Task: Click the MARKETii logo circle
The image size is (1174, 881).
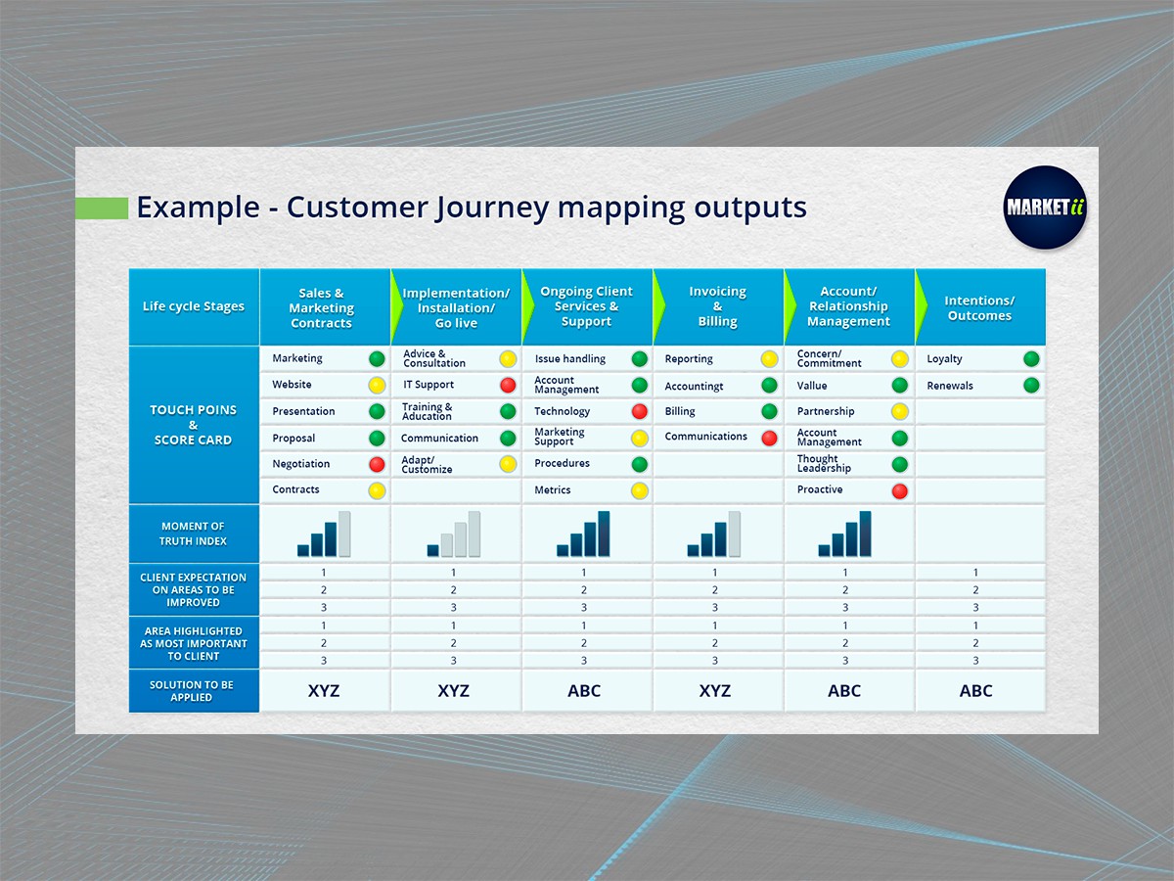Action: pyautogui.click(x=1046, y=208)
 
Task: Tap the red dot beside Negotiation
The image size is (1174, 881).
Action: pyautogui.click(x=377, y=464)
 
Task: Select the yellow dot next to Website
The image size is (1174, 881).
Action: pyautogui.click(x=377, y=385)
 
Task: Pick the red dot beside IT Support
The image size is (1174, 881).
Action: pyautogui.click(x=508, y=385)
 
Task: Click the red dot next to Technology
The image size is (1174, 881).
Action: pyautogui.click(x=639, y=411)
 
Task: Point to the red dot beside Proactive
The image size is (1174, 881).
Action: pyautogui.click(x=899, y=490)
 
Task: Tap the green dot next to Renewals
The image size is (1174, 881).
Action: pyautogui.click(x=1030, y=386)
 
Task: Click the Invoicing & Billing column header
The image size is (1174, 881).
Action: pyautogui.click(x=717, y=306)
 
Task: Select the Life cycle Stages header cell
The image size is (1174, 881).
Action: pyautogui.click(x=194, y=306)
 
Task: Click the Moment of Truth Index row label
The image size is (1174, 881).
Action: pyautogui.click(x=194, y=533)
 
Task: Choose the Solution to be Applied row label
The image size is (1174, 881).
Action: pyautogui.click(x=193, y=691)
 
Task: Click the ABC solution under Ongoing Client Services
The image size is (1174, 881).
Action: pyautogui.click(x=584, y=691)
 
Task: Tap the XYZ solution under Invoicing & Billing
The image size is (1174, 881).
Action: pyautogui.click(x=715, y=691)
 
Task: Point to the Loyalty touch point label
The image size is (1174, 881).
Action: pyautogui.click(x=945, y=359)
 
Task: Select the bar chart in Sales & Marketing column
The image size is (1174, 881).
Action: pyautogui.click(x=324, y=534)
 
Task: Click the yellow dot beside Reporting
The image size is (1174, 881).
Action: pyautogui.click(x=769, y=359)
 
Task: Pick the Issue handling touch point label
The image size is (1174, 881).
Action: pyautogui.click(x=570, y=359)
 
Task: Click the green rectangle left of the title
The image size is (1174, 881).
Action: pyautogui.click(x=102, y=209)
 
